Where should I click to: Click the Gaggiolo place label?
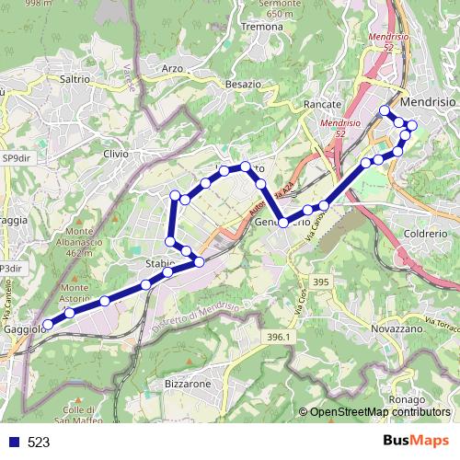23,328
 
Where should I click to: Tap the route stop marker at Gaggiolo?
48,323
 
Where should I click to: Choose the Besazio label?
243,84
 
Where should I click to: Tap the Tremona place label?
261,28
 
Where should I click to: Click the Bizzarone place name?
189,382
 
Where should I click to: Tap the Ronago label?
406,400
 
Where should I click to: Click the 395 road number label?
320,282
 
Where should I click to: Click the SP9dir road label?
15,159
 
